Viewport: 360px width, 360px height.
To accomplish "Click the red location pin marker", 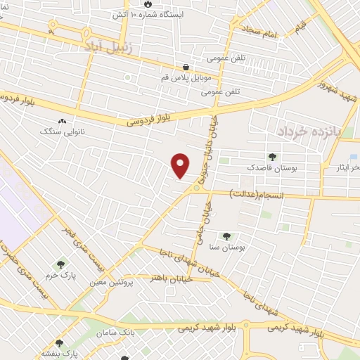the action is pyautogui.click(x=181, y=165).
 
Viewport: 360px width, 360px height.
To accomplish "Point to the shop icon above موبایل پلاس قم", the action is pyautogui.click(x=186, y=67).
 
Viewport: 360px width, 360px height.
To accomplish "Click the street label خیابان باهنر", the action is pyautogui.click(x=169, y=278).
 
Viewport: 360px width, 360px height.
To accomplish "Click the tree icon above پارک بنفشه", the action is pyautogui.click(x=59, y=343).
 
